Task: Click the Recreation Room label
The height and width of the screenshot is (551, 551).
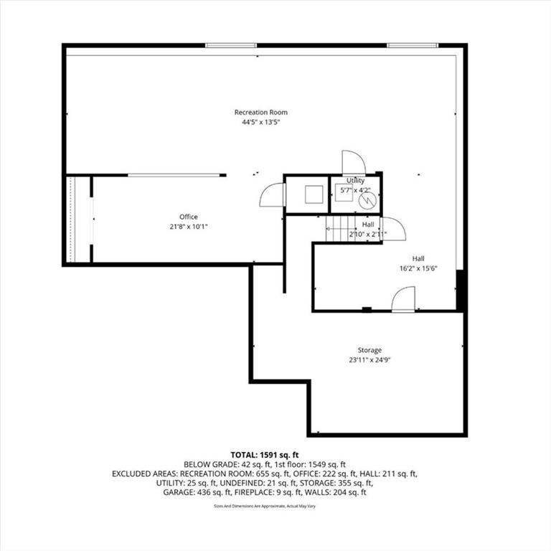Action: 260,113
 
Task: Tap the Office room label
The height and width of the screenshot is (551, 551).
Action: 189,217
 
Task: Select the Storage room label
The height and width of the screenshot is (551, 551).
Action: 369,350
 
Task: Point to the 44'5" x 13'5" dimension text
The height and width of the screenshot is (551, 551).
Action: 260,122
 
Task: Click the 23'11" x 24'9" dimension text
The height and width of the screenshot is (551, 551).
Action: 369,360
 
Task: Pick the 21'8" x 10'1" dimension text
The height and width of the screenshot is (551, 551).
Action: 189,227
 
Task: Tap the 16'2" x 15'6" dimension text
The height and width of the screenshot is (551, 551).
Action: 418,268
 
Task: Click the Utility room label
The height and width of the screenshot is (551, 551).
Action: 355,180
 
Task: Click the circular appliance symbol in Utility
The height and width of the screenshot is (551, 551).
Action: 367,201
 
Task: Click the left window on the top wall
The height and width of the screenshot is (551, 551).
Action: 231,45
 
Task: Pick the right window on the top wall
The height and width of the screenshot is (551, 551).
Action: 413,45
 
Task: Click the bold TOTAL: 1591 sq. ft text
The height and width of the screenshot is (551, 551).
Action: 265,455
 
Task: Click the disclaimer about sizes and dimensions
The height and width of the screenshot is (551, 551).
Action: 265,507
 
